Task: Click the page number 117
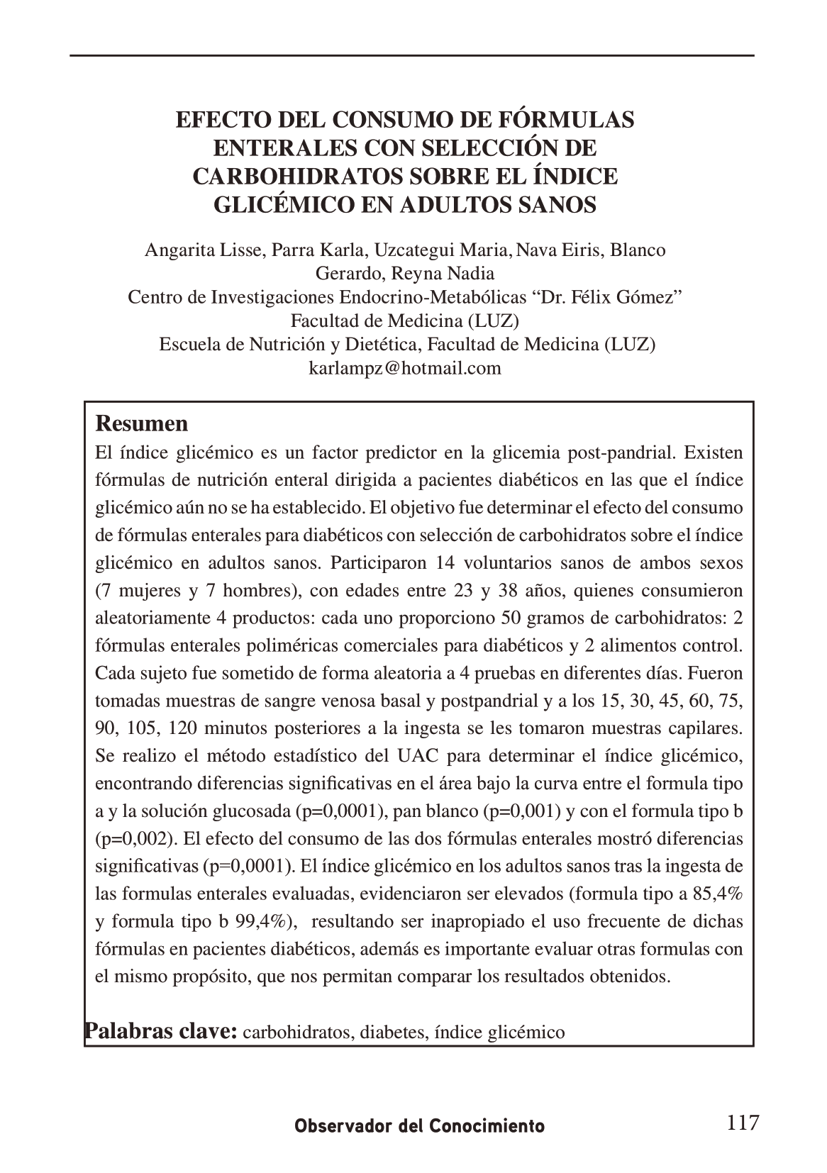click(x=743, y=1123)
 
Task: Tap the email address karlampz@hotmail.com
click(x=405, y=368)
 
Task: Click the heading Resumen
click(x=142, y=423)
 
